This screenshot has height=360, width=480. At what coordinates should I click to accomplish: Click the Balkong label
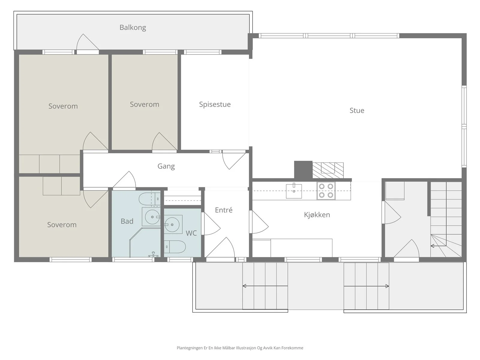point(133,28)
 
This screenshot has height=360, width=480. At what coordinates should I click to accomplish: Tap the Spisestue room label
point(215,104)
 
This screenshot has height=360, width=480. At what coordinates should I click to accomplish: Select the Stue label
point(357,110)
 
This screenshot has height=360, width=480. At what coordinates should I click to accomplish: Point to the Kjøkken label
point(317,214)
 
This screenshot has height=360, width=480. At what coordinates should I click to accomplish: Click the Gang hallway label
point(166,166)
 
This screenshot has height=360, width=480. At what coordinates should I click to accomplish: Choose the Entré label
point(223,210)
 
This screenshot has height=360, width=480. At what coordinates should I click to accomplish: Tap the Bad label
point(127,221)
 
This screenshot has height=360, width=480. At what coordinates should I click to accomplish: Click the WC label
point(191,233)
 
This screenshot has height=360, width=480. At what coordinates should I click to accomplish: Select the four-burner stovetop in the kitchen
point(326,190)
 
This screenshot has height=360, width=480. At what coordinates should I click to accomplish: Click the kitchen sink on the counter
point(294,190)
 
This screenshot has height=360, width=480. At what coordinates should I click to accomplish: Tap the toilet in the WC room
point(175,247)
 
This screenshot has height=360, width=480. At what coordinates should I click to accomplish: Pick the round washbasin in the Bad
point(152,217)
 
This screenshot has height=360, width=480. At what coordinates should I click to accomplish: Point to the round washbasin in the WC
point(172,224)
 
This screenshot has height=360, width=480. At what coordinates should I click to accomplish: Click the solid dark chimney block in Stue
point(303,170)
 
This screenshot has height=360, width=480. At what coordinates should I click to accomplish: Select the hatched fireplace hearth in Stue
point(328,170)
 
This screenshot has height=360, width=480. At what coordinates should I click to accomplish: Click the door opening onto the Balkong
point(88,44)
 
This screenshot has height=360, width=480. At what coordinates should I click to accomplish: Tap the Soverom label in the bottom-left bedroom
point(62,225)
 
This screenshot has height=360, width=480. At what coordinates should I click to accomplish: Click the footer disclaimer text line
point(240,348)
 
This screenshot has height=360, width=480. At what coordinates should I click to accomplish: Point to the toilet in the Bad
point(150,199)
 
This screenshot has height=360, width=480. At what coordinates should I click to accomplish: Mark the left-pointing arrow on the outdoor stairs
point(265,286)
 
